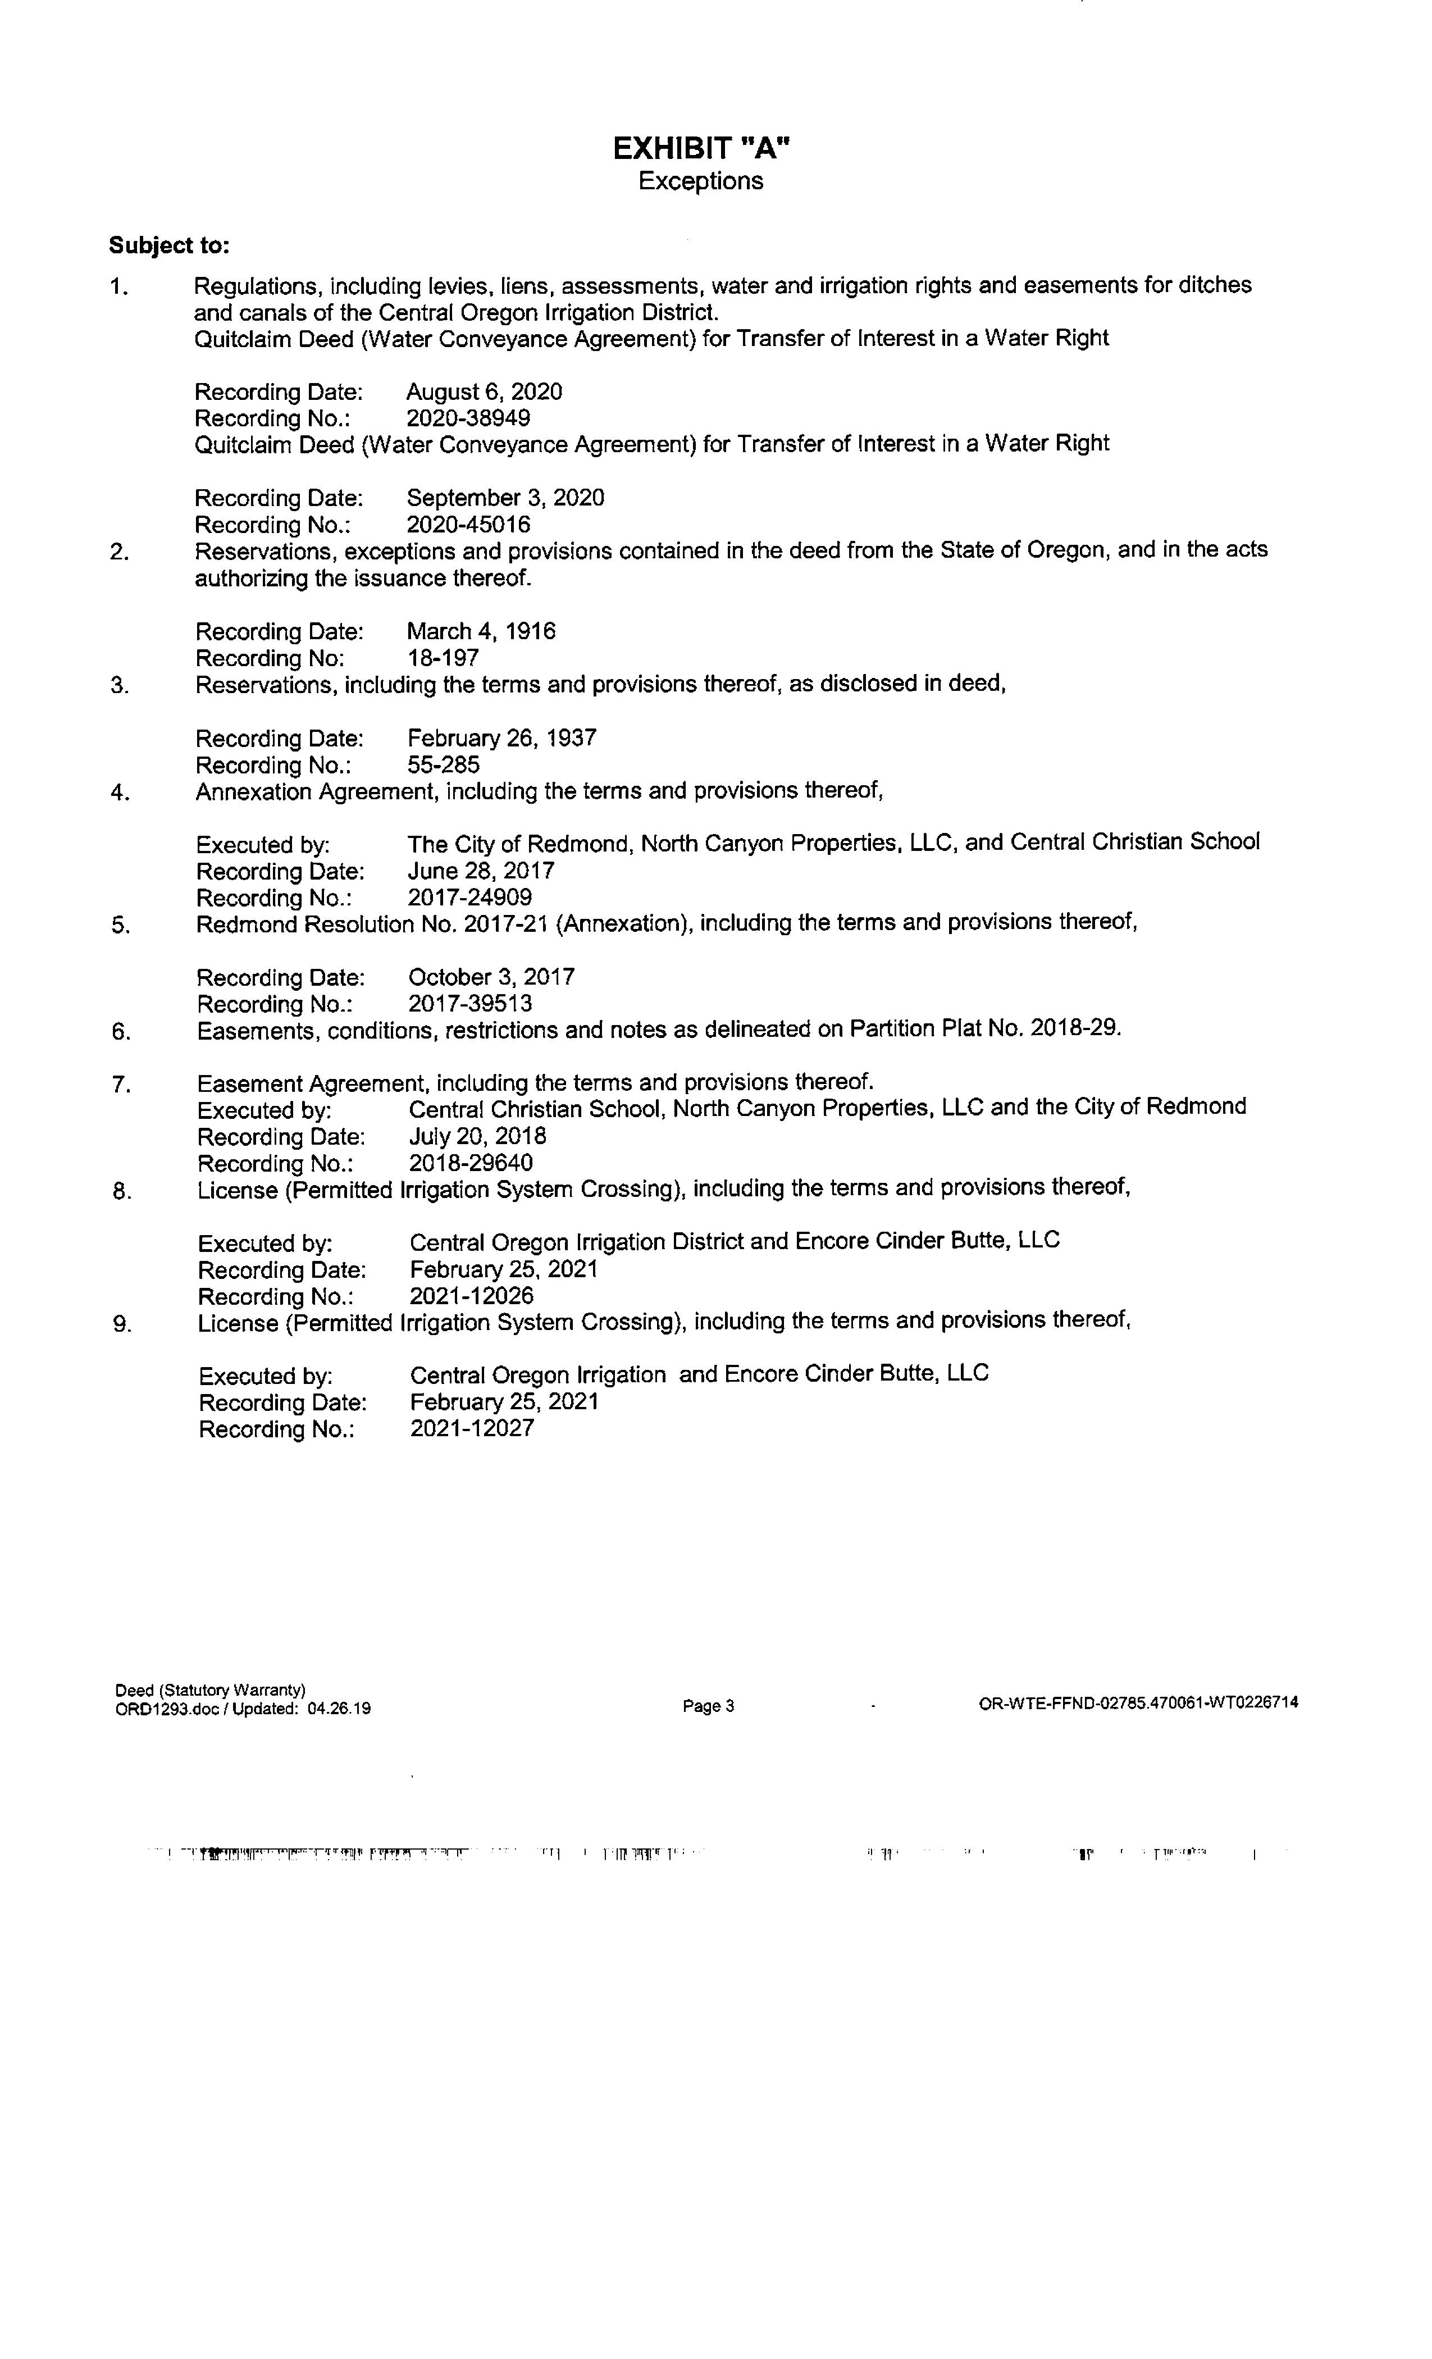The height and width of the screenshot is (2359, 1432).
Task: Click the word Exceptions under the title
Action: pos(701,181)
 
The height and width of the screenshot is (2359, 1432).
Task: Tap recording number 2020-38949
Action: pos(468,418)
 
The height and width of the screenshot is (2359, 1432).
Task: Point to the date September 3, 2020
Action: pos(505,498)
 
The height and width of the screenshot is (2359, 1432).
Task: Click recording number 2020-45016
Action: pos(468,525)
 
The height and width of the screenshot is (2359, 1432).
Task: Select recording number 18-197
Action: pos(443,659)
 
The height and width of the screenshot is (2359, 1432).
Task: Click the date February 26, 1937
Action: pos(501,738)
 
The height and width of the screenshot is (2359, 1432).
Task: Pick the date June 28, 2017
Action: pos(481,871)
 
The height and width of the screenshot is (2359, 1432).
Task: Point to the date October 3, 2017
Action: pos(491,977)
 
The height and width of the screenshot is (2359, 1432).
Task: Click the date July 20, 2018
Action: pos(477,1136)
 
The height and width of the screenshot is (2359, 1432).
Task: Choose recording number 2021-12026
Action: pos(472,1296)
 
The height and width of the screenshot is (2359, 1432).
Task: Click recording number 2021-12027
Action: pos(472,1428)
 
